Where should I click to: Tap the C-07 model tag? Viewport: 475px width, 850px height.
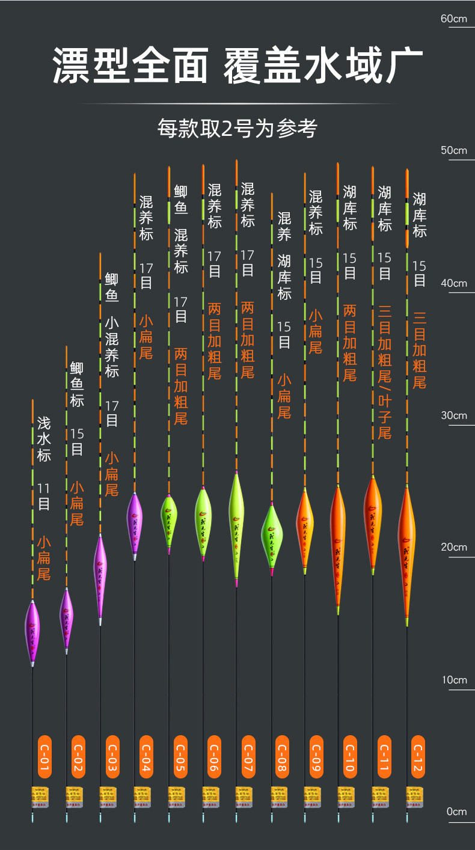point(247,757)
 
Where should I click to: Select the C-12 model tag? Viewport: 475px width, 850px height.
point(418,757)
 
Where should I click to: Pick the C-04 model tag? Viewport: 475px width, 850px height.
point(146,757)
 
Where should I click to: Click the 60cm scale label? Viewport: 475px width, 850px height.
point(453,19)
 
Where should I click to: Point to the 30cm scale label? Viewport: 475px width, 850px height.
point(453,415)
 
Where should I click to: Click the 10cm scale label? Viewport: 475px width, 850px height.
point(453,680)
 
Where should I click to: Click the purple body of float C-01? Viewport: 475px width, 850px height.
point(32,631)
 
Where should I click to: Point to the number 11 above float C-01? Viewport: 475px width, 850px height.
point(44,488)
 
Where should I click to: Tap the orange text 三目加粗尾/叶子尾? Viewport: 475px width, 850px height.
point(385,373)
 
